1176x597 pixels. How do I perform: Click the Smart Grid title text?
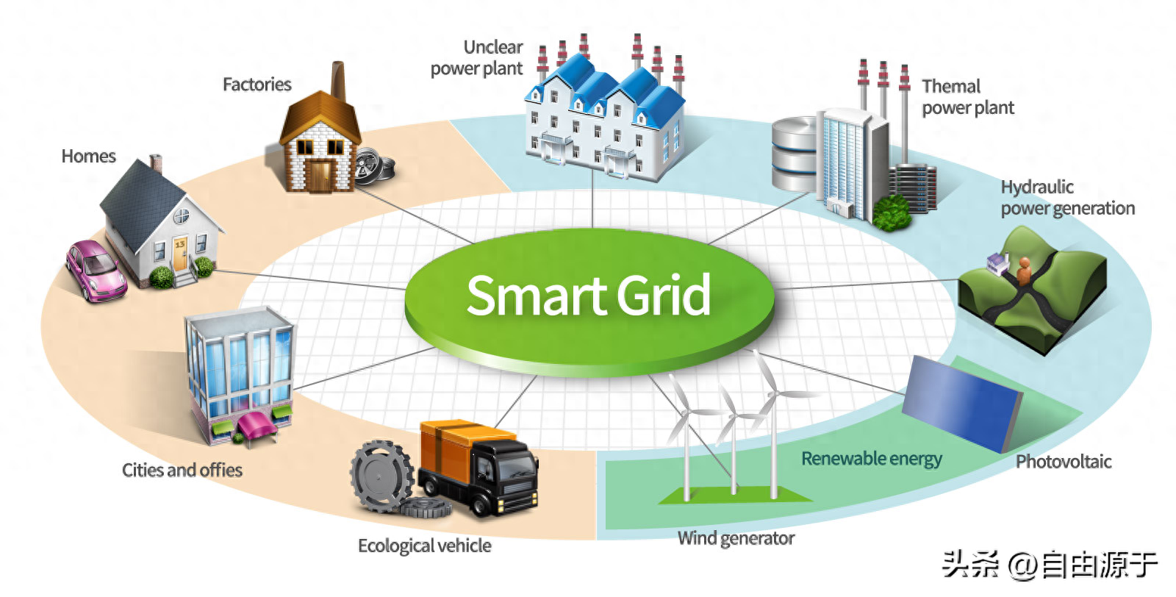[x=589, y=296]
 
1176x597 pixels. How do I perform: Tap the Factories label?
[x=257, y=85]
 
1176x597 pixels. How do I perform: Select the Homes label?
[x=89, y=157]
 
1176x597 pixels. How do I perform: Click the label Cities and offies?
[x=182, y=471]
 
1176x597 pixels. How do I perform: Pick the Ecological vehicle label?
[x=425, y=546]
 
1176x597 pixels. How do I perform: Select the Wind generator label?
[x=736, y=539]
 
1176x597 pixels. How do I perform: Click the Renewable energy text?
[x=872, y=459]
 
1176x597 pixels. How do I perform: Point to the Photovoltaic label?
[x=1064, y=462]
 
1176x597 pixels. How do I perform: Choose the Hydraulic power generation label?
[x=1067, y=198]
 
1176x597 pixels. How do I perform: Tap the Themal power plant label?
[x=967, y=97]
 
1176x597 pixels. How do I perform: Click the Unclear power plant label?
[x=477, y=58]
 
